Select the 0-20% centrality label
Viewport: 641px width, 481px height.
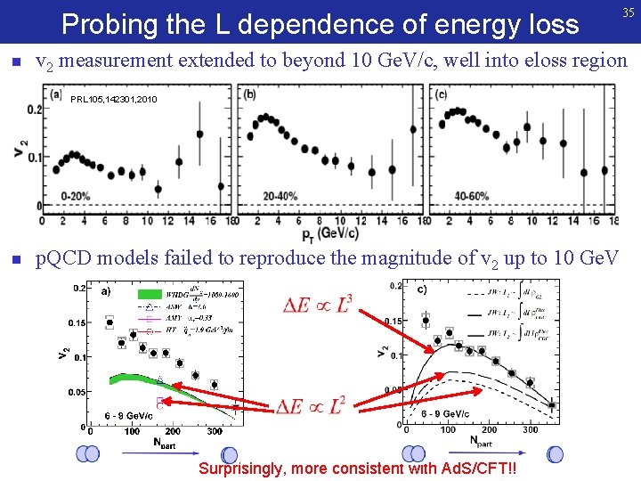tap(77, 195)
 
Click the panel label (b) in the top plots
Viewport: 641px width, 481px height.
tap(250, 94)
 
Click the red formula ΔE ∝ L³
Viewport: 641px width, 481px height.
tap(317, 306)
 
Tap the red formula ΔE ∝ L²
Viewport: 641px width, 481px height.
tap(311, 407)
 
